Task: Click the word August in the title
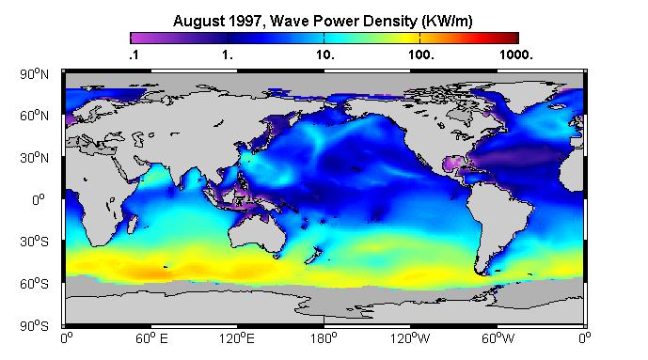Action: pyautogui.click(x=198, y=21)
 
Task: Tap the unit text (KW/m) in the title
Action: pyautogui.click(x=447, y=21)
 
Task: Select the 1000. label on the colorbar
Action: pyautogui.click(x=516, y=55)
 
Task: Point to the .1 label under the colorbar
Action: pyautogui.click(x=134, y=55)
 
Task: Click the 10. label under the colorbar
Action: pyautogui.click(x=325, y=55)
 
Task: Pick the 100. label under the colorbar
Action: pyautogui.click(x=421, y=55)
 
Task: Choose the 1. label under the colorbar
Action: pyautogui.click(x=228, y=55)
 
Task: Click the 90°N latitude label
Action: pyautogui.click(x=34, y=74)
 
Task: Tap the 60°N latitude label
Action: pyautogui.click(x=34, y=116)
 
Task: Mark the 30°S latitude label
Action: pyautogui.click(x=34, y=242)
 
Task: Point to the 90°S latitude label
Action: pyautogui.click(x=34, y=326)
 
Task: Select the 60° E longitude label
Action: pyautogui.click(x=151, y=339)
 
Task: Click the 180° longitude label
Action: pyautogui.click(x=324, y=339)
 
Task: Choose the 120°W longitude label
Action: pyautogui.click(x=410, y=339)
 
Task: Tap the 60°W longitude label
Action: pyautogui.click(x=498, y=339)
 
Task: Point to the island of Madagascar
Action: pyautogui.click(x=133, y=224)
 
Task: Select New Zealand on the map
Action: pyautogui.click(x=313, y=255)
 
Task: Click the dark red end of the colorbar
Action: pyautogui.click(x=513, y=38)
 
